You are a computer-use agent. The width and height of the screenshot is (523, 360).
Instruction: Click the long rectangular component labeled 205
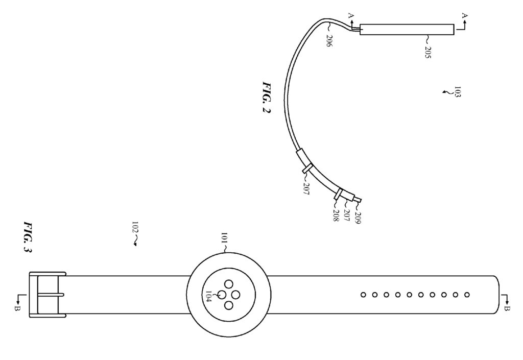(x=407, y=30)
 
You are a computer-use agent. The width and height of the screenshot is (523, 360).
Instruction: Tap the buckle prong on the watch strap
(x=49, y=295)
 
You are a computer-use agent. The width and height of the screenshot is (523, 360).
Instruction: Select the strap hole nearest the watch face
(x=363, y=295)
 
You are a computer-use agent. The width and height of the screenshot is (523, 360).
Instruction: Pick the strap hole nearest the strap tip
(x=468, y=295)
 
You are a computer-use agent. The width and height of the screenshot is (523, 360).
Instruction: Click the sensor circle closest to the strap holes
(x=236, y=295)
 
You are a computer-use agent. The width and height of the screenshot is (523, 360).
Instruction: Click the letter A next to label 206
(x=350, y=16)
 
